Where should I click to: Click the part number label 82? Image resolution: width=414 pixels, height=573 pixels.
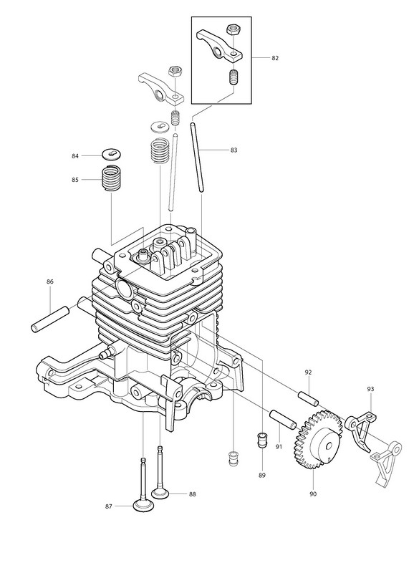[275, 58]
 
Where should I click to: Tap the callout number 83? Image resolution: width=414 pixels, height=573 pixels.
[234, 150]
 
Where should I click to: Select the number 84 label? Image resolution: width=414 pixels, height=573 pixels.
[75, 156]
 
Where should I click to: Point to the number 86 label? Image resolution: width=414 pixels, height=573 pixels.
[50, 281]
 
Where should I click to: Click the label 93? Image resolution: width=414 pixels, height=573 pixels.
[370, 389]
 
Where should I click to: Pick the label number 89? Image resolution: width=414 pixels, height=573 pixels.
[261, 475]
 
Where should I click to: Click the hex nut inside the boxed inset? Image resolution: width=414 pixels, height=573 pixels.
[231, 29]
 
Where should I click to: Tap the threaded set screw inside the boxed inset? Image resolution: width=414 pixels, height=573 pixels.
[233, 77]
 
